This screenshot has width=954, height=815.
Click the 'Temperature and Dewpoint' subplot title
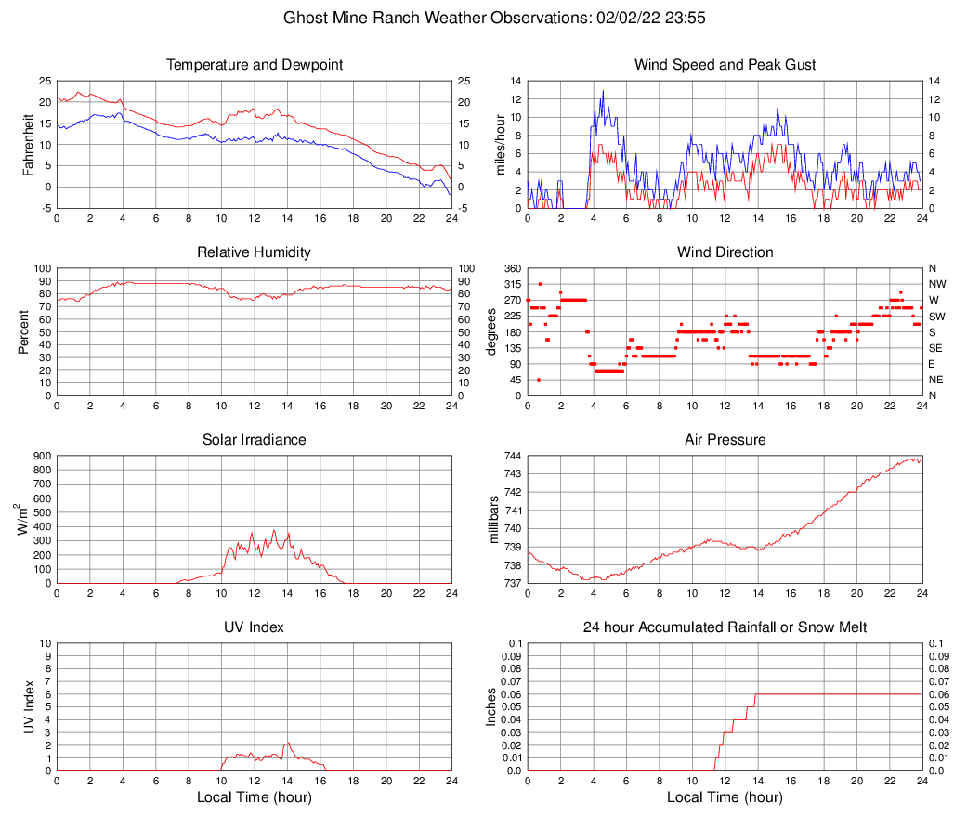pyautogui.click(x=255, y=65)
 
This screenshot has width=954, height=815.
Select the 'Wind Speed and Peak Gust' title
pyautogui.click(x=725, y=65)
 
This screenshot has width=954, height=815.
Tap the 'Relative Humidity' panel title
pyautogui.click(x=255, y=252)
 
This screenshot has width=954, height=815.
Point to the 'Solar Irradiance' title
pyautogui.click(x=255, y=440)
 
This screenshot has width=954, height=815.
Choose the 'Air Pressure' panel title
pyautogui.click(x=725, y=440)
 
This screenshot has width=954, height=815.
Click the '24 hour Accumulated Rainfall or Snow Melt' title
pyautogui.click(x=725, y=627)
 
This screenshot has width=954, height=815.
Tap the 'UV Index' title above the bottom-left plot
pyautogui.click(x=255, y=627)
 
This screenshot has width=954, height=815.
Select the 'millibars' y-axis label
pyautogui.click(x=495, y=520)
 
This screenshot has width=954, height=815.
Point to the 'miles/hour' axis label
pyautogui.click(x=501, y=145)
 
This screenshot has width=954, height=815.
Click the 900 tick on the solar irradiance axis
pyautogui.click(x=41, y=456)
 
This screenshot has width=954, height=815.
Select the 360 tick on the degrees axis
pyautogui.click(x=511, y=268)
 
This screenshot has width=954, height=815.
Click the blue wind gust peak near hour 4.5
pyautogui.click(x=603, y=91)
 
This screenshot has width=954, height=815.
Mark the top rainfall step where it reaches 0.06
pyautogui.click(x=756, y=694)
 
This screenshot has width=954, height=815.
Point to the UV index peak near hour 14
pyautogui.click(x=288, y=743)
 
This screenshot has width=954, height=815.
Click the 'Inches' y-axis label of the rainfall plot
pyautogui.click(x=492, y=706)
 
